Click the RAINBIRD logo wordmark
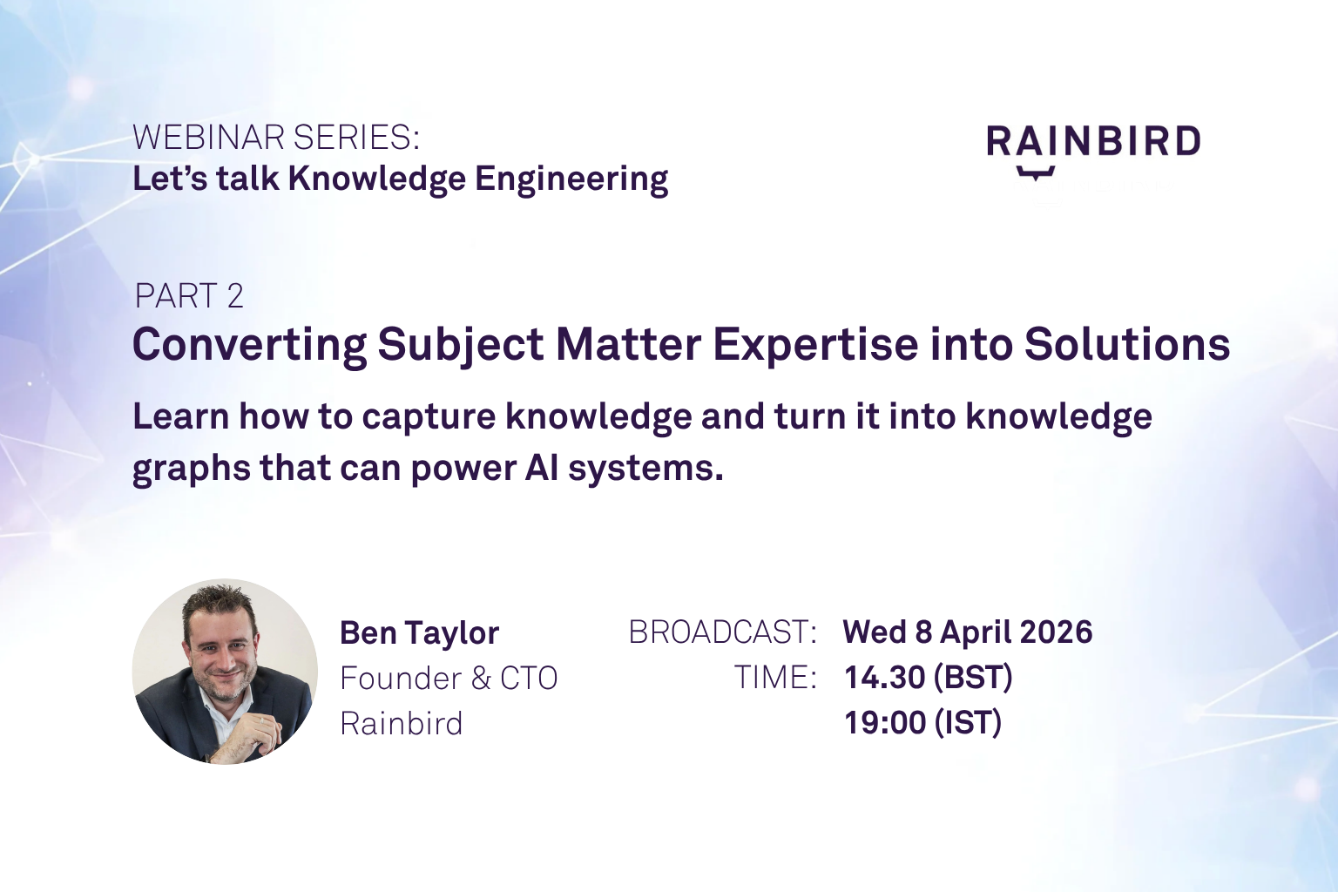click(1093, 141)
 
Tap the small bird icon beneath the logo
click(1036, 172)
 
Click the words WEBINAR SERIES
click(275, 138)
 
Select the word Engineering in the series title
click(571, 179)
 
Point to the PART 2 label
click(188, 296)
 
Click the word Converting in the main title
click(249, 345)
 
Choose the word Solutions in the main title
click(1126, 345)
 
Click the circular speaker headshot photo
click(225, 672)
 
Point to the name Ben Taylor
click(419, 633)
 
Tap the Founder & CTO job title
click(449, 679)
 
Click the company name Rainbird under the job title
click(401, 724)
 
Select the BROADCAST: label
click(722, 632)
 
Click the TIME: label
click(774, 678)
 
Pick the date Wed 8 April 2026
click(967, 632)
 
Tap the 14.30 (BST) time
click(928, 678)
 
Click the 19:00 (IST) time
click(922, 723)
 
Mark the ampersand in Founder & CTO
click(481, 679)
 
